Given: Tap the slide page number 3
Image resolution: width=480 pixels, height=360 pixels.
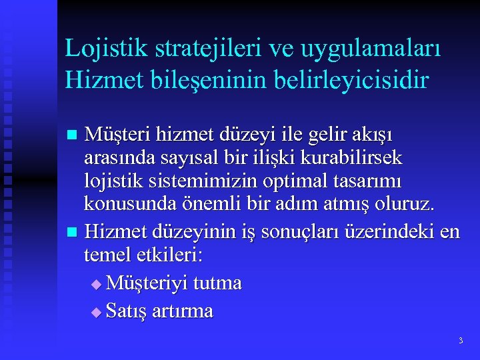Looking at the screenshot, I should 460,341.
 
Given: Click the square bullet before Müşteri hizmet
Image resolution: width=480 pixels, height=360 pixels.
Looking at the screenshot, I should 73,135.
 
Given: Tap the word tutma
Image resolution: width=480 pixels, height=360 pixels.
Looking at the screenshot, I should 217,283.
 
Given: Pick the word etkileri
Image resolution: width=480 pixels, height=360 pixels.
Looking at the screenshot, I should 173,256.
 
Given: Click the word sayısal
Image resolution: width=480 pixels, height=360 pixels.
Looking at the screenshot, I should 180,158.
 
